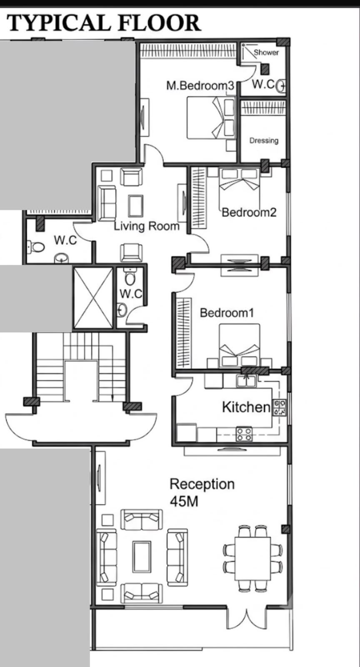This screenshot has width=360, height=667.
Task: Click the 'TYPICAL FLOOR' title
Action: pyautogui.click(x=104, y=23)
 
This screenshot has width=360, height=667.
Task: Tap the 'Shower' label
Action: pyautogui.click(x=266, y=53)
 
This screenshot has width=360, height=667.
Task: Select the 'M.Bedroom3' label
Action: pyautogui.click(x=200, y=85)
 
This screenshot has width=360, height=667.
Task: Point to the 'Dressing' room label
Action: pyautogui.click(x=264, y=140)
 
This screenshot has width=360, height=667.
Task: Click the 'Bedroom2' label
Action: pyautogui.click(x=249, y=212)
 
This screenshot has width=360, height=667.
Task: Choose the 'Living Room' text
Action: pyautogui.click(x=147, y=226)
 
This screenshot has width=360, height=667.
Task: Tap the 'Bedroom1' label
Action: pyautogui.click(x=227, y=313)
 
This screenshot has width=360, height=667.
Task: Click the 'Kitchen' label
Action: pyautogui.click(x=246, y=407)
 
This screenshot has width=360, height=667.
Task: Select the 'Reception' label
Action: pyautogui.click(x=202, y=484)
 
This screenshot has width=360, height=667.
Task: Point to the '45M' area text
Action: pyautogui.click(x=184, y=502)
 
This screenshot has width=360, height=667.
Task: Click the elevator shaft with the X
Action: pyautogui.click(x=93, y=298)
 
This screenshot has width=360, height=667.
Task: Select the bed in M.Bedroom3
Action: pyautogui.click(x=211, y=117)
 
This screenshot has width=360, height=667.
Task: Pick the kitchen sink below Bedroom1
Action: pyautogui.click(x=246, y=381)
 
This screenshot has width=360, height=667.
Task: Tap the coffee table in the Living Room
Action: pyautogui.click(x=136, y=206)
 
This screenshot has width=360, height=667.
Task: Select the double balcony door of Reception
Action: pyautogui.click(x=246, y=617)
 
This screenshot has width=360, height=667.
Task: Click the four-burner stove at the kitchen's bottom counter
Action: pyautogui.click(x=244, y=434)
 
